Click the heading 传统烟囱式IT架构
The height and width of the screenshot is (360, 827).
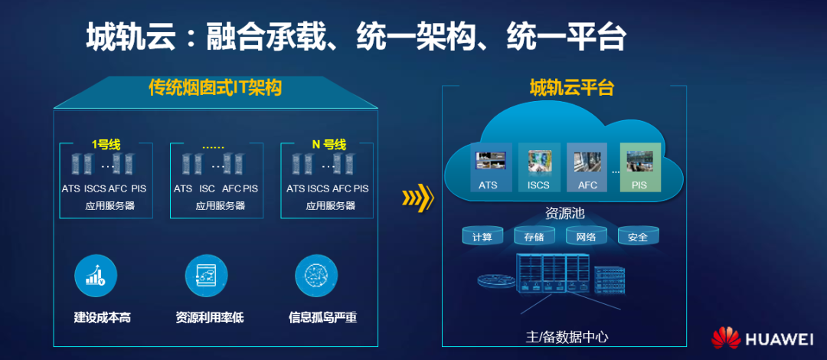click(215, 88)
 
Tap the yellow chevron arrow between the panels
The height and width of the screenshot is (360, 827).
click(417, 198)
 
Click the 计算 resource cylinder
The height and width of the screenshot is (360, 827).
click(482, 236)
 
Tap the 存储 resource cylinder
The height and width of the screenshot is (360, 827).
click(534, 236)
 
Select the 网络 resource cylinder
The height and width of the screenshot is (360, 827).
click(586, 236)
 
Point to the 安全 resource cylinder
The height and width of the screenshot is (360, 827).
click(638, 236)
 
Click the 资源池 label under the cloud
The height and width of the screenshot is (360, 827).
click(564, 214)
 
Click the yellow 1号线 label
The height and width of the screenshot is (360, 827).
click(106, 144)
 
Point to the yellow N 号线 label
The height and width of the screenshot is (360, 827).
click(329, 144)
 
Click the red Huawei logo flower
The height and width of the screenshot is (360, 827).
click(726, 339)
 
